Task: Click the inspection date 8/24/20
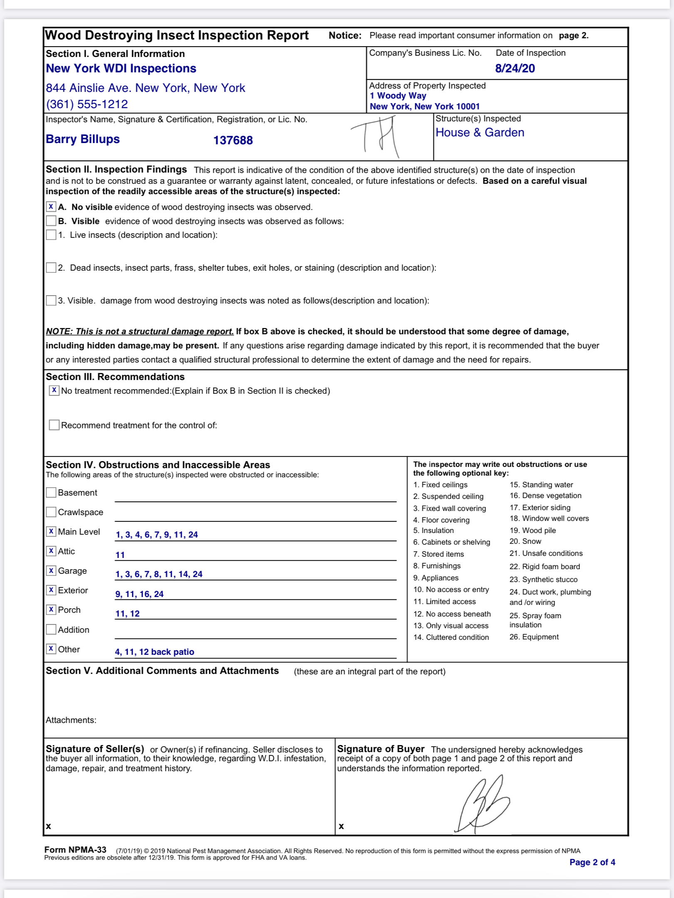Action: point(515,69)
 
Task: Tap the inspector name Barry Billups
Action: point(83,139)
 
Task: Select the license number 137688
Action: point(233,141)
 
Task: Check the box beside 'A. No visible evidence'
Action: point(51,207)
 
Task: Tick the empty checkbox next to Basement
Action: point(51,493)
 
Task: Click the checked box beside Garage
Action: point(51,570)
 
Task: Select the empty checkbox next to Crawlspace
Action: point(51,512)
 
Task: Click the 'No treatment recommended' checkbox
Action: point(54,390)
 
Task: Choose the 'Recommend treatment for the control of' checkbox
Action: point(54,425)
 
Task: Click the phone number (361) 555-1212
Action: point(87,104)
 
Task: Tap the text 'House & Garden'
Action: point(480,133)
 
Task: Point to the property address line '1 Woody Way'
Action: point(398,96)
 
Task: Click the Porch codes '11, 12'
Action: point(127,614)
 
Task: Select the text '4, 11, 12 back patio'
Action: point(154,652)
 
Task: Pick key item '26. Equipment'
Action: point(534,637)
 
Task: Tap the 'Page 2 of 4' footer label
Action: point(592,862)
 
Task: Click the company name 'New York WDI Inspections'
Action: point(121,69)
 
